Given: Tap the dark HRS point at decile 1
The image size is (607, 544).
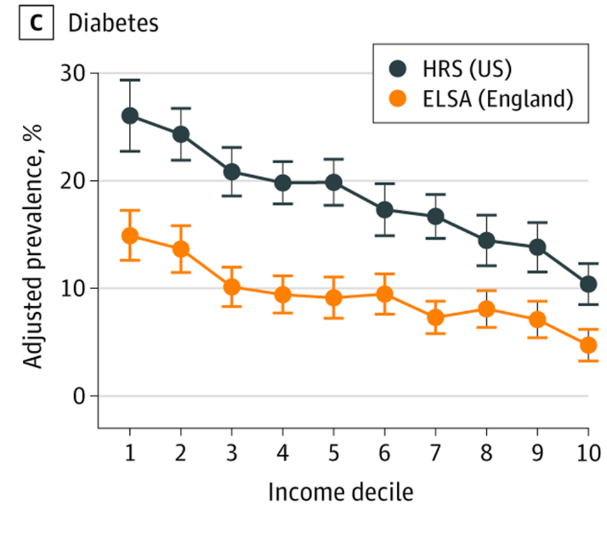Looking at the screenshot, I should click(130, 116).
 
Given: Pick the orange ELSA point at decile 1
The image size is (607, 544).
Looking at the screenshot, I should click(130, 236).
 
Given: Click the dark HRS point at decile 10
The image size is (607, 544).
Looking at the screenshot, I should click(589, 284).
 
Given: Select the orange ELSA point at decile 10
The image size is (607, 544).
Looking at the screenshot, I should click(589, 345).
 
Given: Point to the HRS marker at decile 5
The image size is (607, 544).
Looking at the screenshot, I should click(334, 182).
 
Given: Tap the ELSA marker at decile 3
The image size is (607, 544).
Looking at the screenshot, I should click(232, 287).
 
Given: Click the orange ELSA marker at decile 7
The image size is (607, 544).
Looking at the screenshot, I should click(435, 317).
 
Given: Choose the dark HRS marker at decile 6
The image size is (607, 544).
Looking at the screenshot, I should click(385, 209).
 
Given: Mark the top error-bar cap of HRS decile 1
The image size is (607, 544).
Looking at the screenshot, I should click(130, 80).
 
